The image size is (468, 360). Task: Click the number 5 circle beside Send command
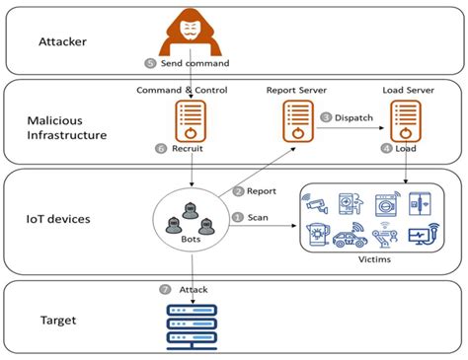tap(150, 63)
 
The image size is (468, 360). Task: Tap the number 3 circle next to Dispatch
tap(325, 117)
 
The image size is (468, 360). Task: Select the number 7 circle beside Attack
tap(164, 289)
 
